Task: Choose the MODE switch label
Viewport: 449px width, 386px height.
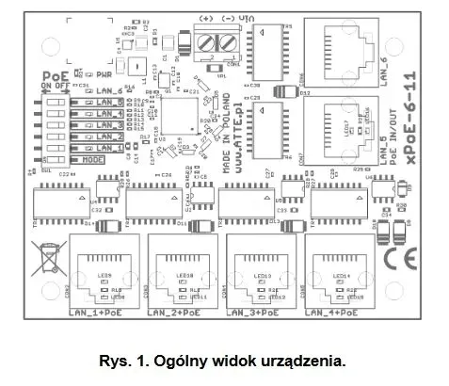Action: pyautogui.click(x=109, y=161)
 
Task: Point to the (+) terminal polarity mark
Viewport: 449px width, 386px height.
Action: pyautogui.click(x=204, y=18)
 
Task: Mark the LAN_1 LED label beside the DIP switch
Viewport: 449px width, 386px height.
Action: pyautogui.click(x=108, y=149)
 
